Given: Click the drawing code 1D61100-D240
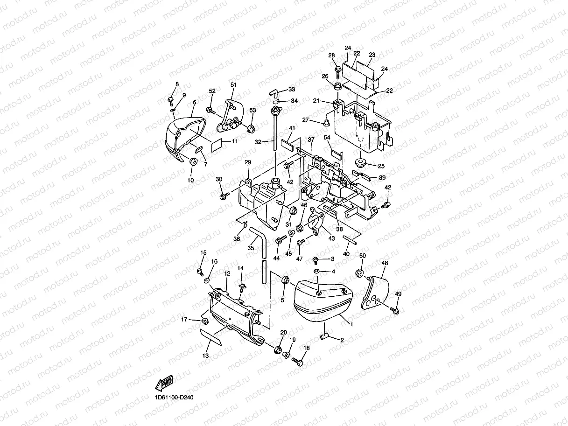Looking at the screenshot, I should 174,398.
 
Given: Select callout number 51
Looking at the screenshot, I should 233,84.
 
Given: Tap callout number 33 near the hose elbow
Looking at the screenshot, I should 291,89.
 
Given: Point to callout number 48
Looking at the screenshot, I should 385,263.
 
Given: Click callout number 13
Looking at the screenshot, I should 205,356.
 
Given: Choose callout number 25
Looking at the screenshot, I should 381,166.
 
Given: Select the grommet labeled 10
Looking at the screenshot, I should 192,162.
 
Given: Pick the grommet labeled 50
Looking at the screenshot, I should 360,273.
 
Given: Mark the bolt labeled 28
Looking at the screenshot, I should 337,71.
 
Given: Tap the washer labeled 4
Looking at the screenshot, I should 316,271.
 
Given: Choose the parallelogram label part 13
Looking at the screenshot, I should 211,336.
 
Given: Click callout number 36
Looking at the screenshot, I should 237,239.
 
